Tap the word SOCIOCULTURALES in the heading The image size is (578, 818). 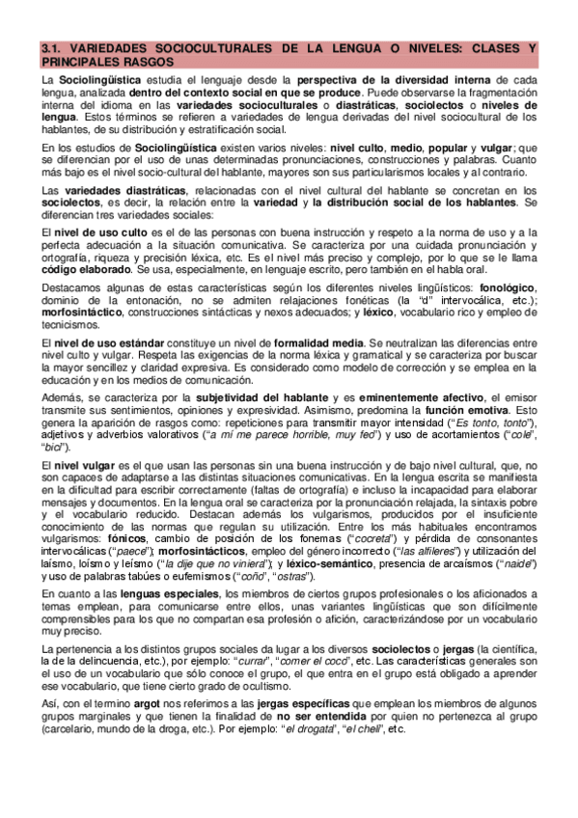click(211, 48)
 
